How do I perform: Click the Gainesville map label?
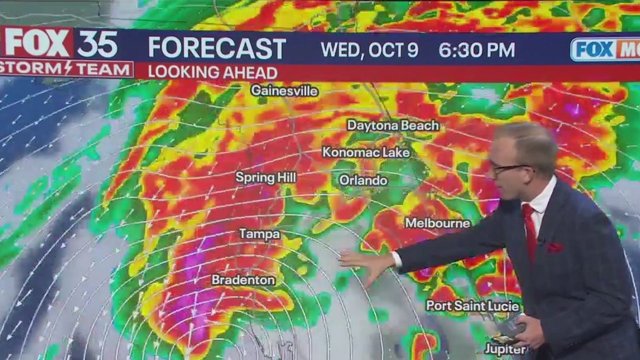tap(284, 90)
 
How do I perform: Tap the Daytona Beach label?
tap(392, 125)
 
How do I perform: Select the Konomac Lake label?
tap(365, 152)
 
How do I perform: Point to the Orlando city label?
tap(363, 180)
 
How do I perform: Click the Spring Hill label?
tap(265, 177)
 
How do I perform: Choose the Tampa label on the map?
tap(259, 234)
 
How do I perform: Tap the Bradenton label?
tap(243, 280)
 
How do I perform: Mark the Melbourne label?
tap(437, 223)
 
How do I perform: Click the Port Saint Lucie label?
tap(472, 305)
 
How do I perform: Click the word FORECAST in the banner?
tap(217, 48)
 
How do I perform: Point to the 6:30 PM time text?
tap(476, 49)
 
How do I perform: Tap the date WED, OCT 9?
tap(369, 49)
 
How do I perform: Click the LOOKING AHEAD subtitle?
tap(212, 72)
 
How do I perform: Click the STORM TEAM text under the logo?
tap(66, 68)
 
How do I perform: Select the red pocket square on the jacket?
tap(554, 247)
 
